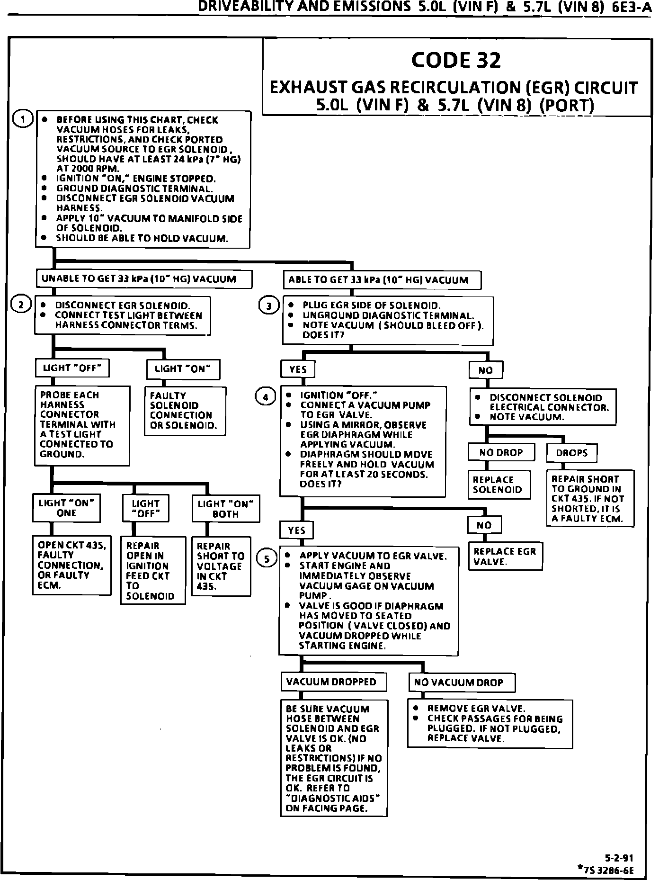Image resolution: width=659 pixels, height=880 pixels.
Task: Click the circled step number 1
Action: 22,119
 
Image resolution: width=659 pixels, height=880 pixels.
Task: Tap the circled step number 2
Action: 21,305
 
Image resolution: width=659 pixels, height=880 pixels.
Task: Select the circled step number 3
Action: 268,305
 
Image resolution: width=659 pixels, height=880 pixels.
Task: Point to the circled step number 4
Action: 265,397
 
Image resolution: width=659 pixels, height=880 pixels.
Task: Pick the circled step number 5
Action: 267,559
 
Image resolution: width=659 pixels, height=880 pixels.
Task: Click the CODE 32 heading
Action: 456,60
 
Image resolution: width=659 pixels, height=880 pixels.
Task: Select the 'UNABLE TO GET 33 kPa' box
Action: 144,279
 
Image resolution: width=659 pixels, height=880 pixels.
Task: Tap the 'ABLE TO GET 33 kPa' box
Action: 382,280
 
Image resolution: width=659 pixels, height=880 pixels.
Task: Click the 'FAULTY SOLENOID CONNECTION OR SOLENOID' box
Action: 185,411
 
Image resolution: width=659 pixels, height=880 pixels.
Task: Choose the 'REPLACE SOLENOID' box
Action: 499,485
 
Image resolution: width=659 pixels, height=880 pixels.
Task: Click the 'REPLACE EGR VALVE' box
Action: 505,557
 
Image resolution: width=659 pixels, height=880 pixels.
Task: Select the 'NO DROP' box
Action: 501,452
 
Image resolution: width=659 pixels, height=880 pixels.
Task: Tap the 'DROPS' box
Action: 572,453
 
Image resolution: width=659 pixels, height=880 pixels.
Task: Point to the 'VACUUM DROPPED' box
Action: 333,682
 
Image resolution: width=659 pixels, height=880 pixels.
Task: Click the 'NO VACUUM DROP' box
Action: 462,682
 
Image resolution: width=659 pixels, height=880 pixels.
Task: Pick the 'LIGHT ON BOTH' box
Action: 225,509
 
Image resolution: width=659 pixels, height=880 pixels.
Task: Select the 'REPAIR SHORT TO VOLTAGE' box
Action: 221,566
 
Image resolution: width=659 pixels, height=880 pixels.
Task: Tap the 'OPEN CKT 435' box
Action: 71,565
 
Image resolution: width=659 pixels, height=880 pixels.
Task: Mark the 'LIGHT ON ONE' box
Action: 66,508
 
